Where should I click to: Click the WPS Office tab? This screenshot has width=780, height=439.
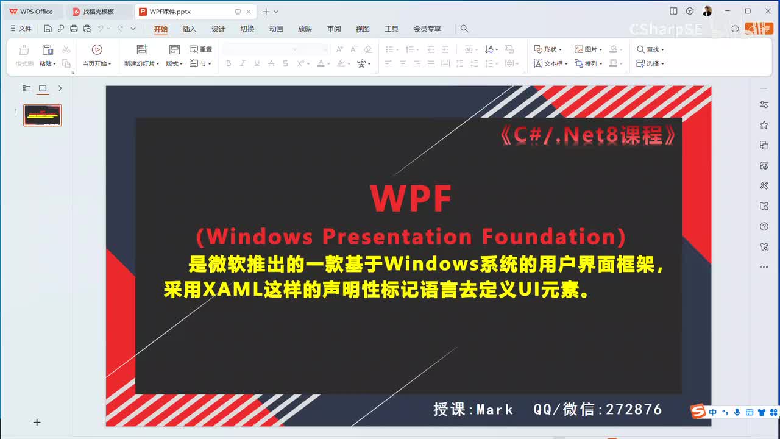31,12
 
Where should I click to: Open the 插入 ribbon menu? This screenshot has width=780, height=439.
190,29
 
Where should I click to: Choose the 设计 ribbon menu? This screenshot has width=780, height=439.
218,29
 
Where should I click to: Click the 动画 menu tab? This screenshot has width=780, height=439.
276,29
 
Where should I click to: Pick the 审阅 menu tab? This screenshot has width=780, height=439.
334,29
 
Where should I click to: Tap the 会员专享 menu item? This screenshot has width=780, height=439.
427,29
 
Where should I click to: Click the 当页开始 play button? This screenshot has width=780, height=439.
97,50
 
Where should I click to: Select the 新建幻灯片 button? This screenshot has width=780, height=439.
141,50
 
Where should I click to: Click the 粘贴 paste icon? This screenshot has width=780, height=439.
48,50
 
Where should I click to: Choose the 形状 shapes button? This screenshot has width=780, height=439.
547,49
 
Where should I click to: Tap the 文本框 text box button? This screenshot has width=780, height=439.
550,63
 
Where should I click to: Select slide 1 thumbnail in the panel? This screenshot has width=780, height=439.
43,115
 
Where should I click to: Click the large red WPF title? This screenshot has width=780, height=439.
411,198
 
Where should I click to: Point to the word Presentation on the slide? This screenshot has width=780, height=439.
397,236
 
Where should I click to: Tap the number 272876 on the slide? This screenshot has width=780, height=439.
634,409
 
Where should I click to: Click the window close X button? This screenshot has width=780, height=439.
765,11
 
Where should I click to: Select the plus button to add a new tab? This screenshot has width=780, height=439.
266,12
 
